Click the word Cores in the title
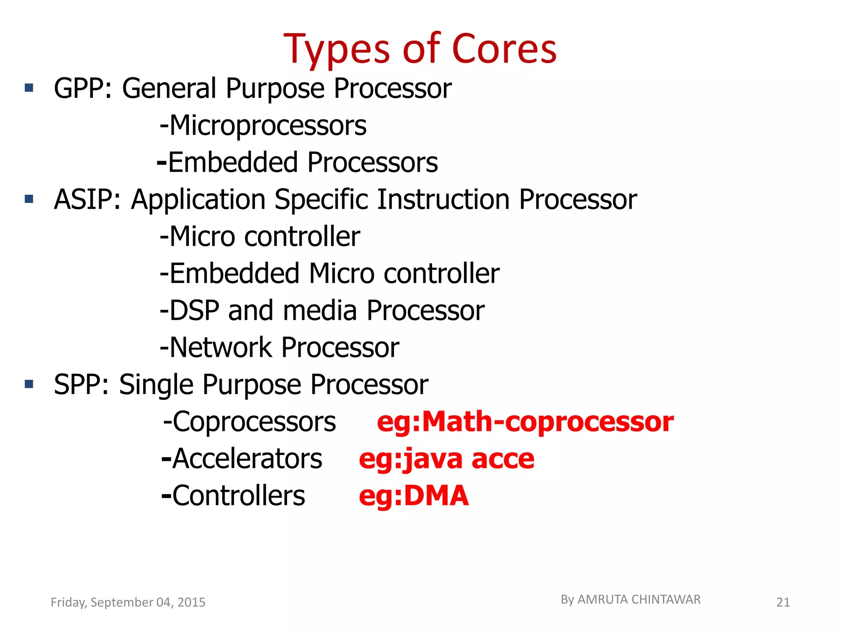(504, 49)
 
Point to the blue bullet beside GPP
(29, 88)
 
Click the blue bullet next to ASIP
(29, 199)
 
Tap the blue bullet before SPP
(29, 384)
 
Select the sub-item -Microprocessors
(263, 126)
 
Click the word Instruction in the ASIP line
(443, 200)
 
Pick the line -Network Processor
(279, 348)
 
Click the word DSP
(194, 311)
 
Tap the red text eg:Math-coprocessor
(525, 422)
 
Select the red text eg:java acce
(446, 459)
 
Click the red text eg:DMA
(414, 496)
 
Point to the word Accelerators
(247, 459)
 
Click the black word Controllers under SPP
(238, 496)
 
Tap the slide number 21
(783, 602)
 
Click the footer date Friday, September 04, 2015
(128, 602)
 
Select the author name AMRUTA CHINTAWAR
(639, 600)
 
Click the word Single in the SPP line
(156, 385)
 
